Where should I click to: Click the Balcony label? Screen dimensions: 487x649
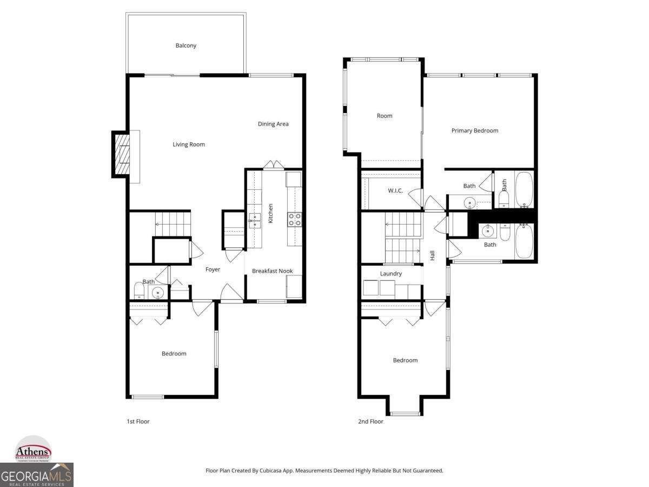(186, 46)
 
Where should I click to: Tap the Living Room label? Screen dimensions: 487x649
(189, 144)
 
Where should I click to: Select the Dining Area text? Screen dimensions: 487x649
(273, 124)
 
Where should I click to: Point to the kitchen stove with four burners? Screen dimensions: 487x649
(294, 219)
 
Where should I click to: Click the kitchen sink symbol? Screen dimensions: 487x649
(255, 218)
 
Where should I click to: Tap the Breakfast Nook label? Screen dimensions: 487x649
(272, 271)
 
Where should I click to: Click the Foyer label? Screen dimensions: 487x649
(213, 269)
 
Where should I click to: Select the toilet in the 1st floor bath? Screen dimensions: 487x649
(140, 292)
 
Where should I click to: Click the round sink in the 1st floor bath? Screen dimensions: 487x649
(158, 293)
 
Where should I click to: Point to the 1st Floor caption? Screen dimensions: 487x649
(138, 422)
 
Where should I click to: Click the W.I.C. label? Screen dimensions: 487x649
(395, 191)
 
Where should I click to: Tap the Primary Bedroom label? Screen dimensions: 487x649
(475, 130)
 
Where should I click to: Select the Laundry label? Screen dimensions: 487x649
(390, 274)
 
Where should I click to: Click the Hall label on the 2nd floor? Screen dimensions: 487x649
(432, 255)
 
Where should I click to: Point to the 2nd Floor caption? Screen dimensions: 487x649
(370, 422)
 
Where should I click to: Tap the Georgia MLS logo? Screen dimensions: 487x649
(36, 475)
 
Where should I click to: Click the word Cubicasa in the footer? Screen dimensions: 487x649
(268, 471)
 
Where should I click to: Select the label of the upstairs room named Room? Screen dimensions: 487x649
(385, 116)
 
